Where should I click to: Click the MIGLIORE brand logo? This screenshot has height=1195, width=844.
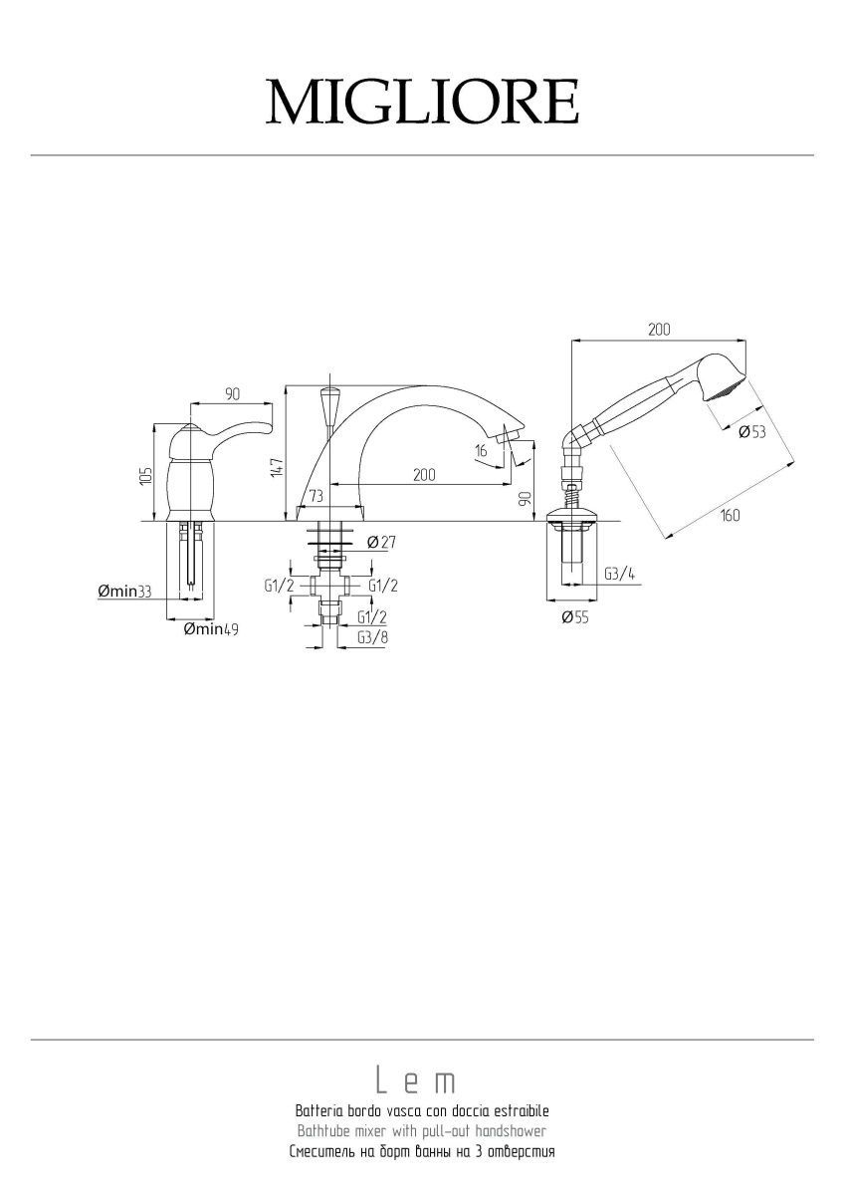click(422, 102)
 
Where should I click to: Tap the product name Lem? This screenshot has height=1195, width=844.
click(416, 1080)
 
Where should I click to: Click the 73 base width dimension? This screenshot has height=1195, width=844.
click(316, 496)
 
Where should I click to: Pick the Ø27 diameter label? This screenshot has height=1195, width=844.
click(381, 543)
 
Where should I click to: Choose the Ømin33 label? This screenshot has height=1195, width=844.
click(124, 592)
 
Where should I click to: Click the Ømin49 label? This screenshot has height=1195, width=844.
click(211, 629)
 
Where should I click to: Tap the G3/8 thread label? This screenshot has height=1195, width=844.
click(372, 637)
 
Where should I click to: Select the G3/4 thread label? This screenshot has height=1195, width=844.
click(620, 574)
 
